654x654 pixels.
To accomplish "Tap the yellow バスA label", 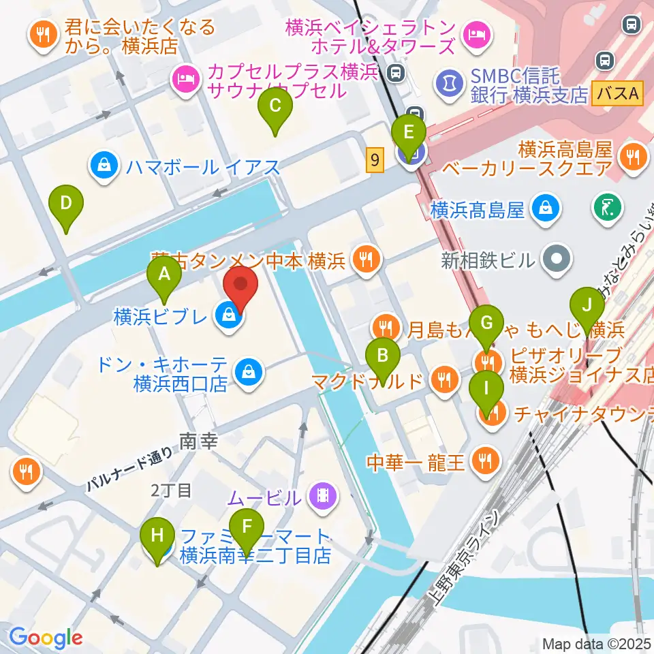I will [x=617, y=93].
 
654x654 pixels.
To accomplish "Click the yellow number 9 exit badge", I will [x=374, y=160].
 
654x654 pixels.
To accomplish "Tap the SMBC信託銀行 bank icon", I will [x=448, y=84].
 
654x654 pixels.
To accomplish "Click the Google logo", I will [x=46, y=638].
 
